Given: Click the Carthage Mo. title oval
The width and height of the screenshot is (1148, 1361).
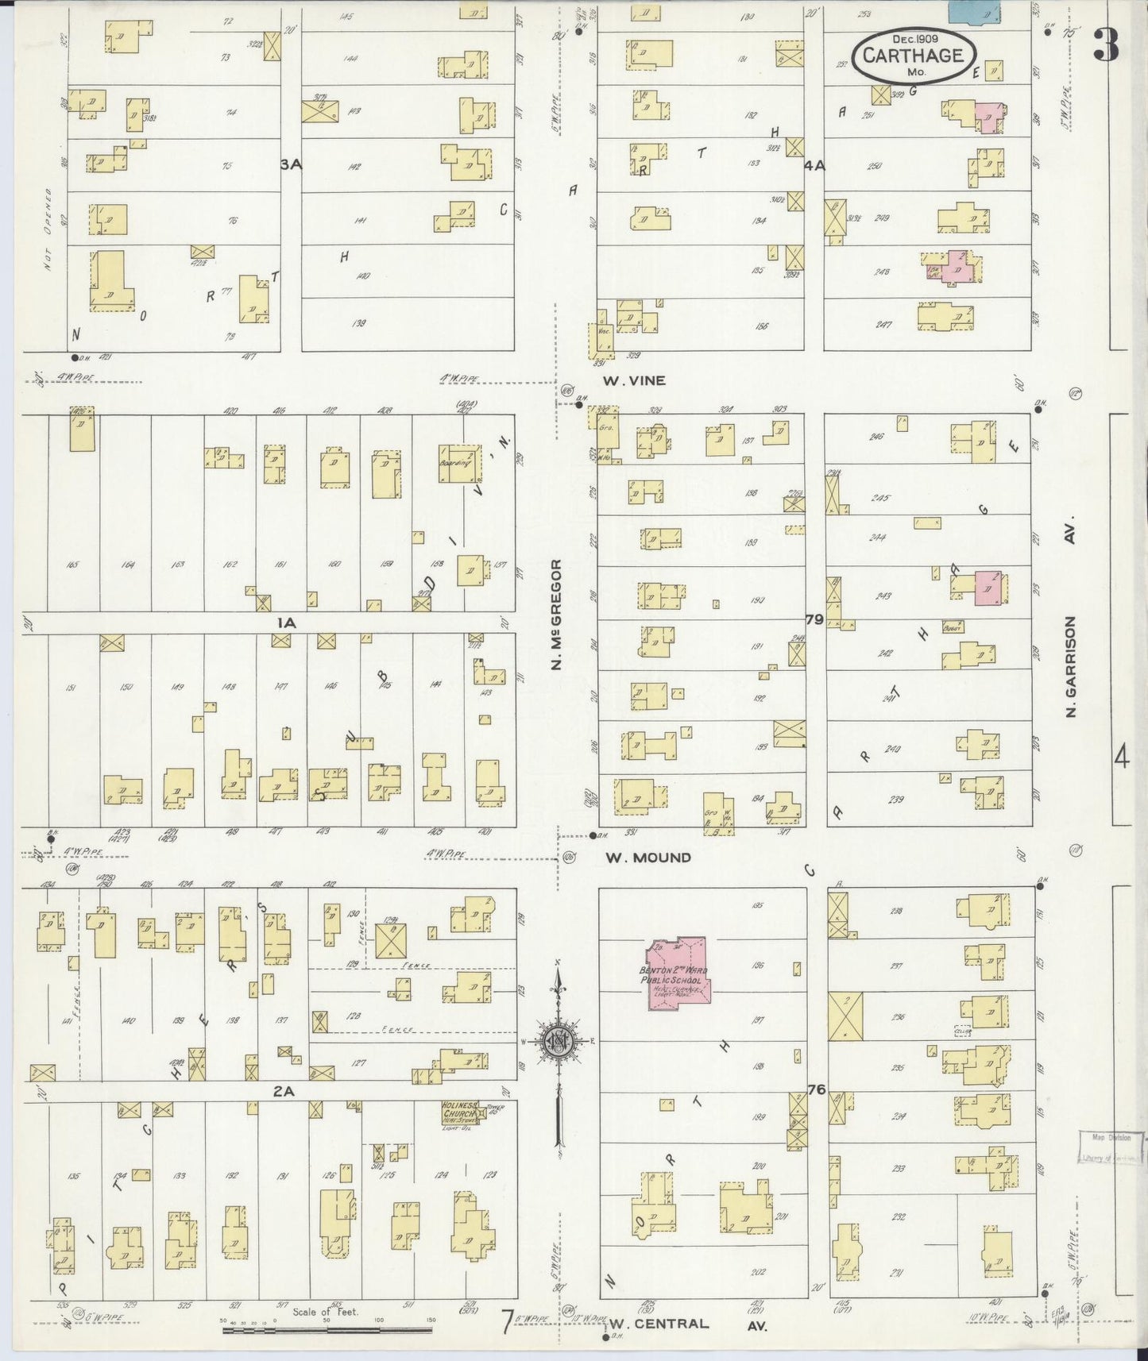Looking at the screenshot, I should pyautogui.click(x=914, y=56).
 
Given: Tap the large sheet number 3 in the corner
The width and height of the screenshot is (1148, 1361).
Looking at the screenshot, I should pyautogui.click(x=1107, y=44).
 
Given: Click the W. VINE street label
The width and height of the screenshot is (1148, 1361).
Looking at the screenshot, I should pyautogui.click(x=633, y=381).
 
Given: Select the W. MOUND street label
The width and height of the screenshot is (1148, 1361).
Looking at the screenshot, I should pyautogui.click(x=647, y=858).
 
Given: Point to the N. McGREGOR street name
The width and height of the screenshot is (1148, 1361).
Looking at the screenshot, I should pyautogui.click(x=557, y=614).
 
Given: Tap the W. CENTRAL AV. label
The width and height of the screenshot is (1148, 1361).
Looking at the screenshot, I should pyautogui.click(x=688, y=1324).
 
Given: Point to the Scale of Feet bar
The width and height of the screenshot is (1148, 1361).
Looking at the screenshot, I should pyautogui.click(x=327, y=1328).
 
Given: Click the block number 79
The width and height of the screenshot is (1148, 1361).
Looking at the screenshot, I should pyautogui.click(x=814, y=619).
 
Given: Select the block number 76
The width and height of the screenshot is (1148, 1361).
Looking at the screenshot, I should pyautogui.click(x=816, y=1090).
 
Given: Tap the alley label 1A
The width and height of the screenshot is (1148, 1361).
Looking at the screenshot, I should pyautogui.click(x=286, y=623).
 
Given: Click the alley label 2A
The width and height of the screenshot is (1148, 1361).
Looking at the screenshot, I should pyautogui.click(x=284, y=1092).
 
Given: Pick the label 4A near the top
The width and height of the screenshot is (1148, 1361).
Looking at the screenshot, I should pyautogui.click(x=814, y=165).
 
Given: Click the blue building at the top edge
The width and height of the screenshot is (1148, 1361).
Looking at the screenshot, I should pyautogui.click(x=974, y=11).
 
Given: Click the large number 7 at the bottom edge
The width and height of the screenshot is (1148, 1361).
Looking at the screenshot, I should pyautogui.click(x=505, y=1322).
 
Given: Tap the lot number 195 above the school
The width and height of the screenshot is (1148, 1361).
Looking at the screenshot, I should pyautogui.click(x=757, y=905).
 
